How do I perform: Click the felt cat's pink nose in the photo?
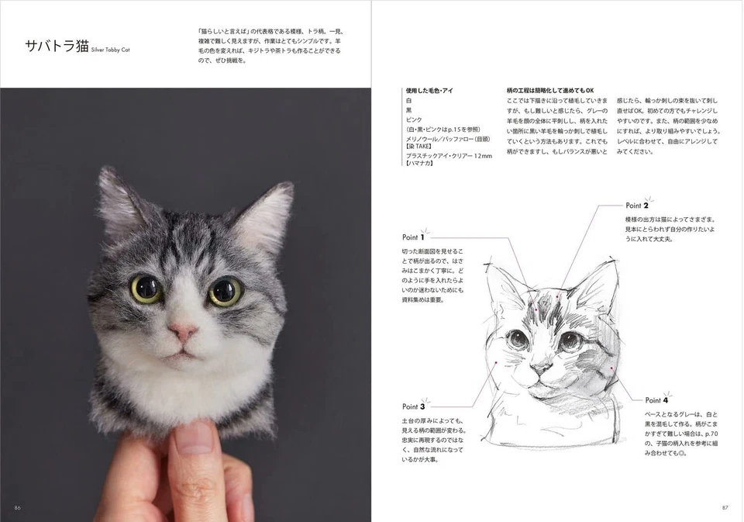184,331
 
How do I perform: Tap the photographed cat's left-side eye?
146,289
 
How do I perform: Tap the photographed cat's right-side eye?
225,292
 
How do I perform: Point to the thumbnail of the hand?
193,437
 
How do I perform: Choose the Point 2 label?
636,206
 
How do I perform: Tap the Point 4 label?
656,400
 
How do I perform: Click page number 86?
18,507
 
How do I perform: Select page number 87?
725,507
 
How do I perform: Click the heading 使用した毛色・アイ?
429,91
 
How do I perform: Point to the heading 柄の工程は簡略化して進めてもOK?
549,91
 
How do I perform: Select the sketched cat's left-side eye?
516,339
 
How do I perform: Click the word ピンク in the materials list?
415,120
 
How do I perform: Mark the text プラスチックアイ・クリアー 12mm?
449,155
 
